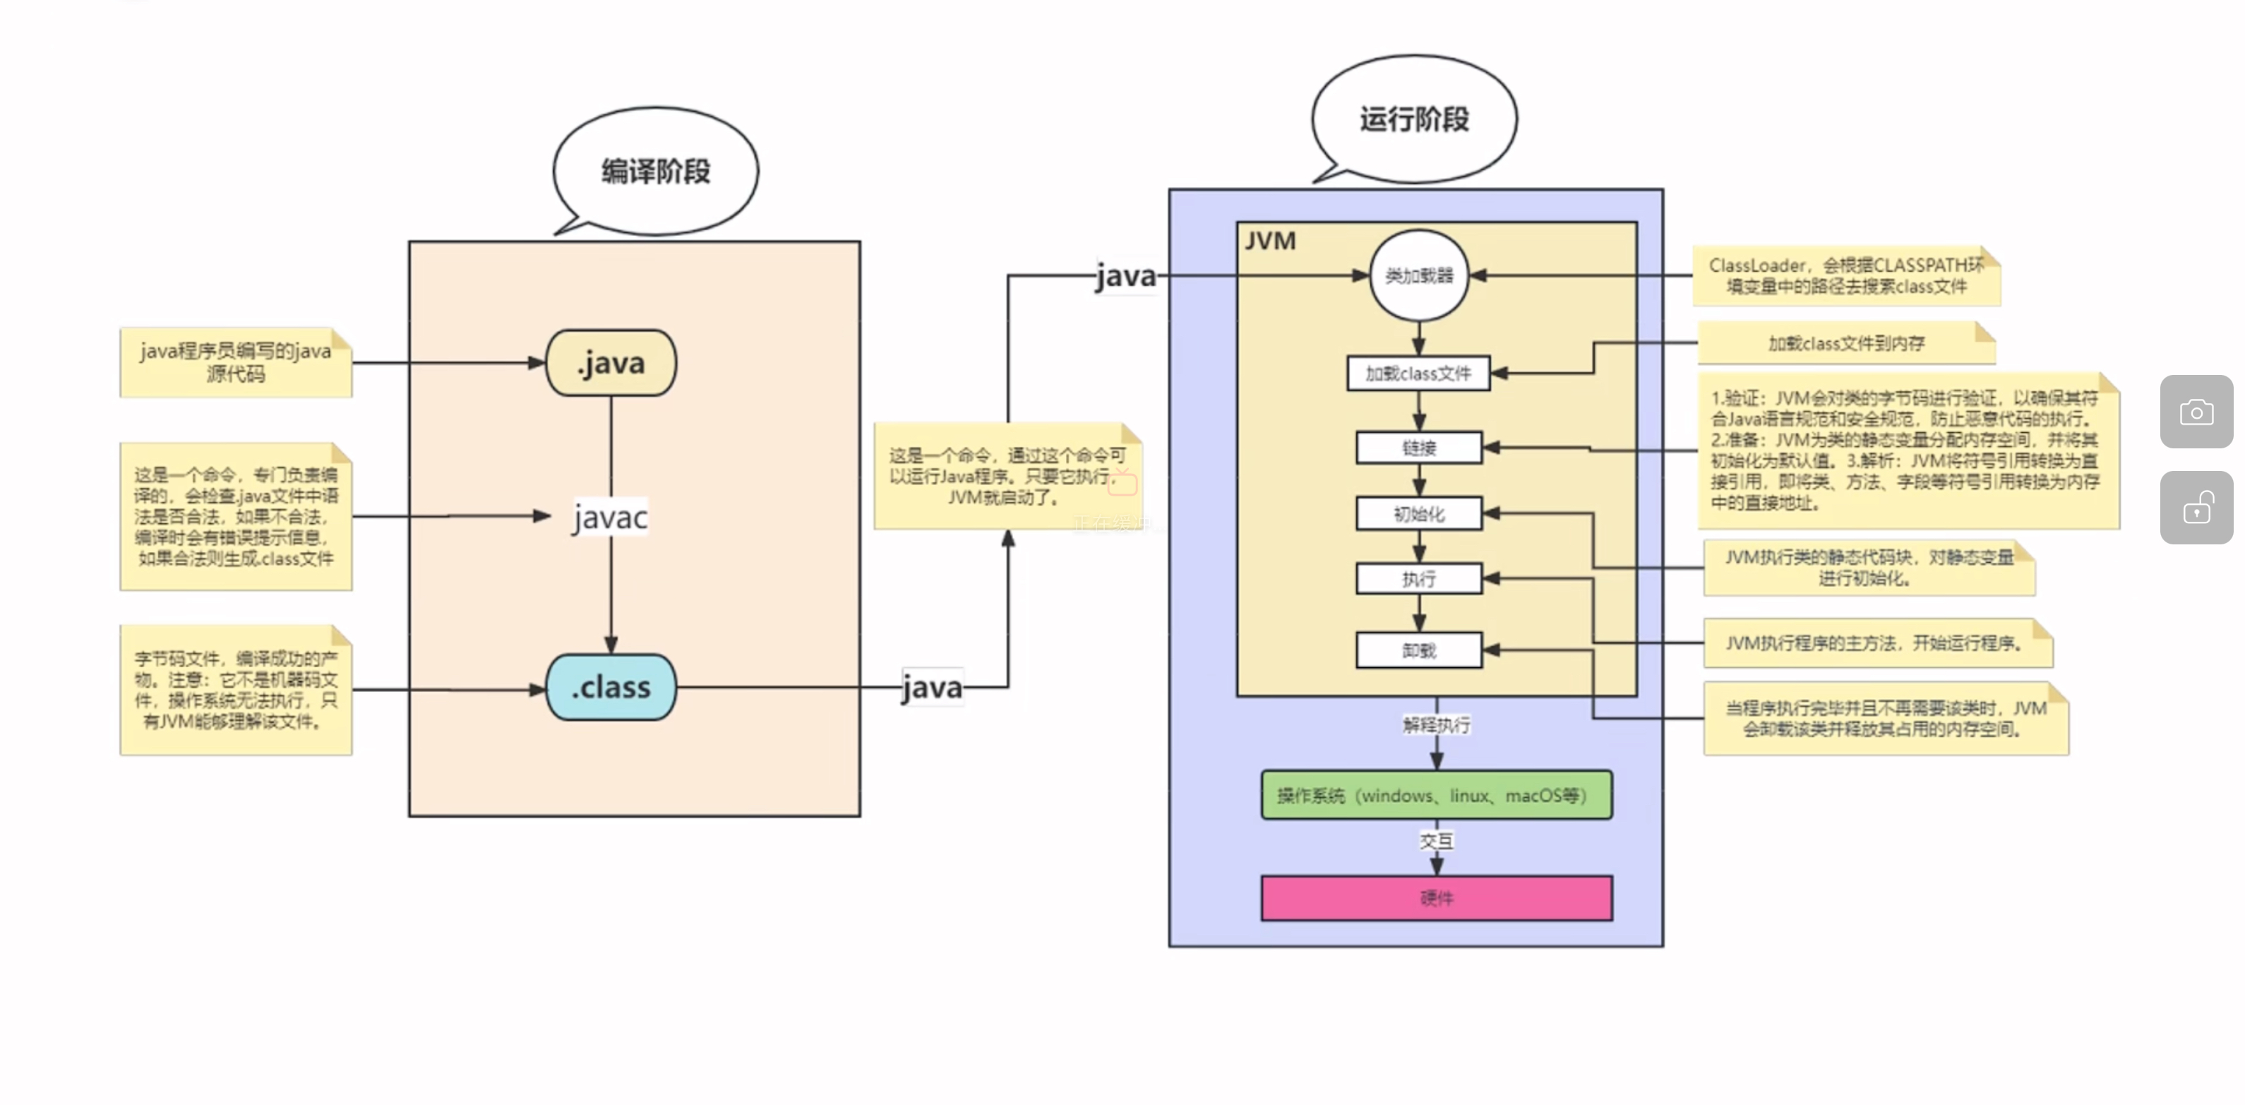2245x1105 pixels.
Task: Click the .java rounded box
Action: [x=611, y=362]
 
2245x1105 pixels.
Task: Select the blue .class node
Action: [x=611, y=687]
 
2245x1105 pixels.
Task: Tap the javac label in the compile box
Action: [x=610, y=518]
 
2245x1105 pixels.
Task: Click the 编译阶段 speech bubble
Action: [x=655, y=171]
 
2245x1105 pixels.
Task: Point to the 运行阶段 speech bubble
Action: [x=1413, y=119]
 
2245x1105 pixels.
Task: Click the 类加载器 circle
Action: [x=1419, y=275]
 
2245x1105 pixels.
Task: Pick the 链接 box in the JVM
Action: [x=1419, y=448]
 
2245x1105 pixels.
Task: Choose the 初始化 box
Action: [x=1419, y=514]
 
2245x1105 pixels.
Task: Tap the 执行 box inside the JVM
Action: [x=1419, y=579]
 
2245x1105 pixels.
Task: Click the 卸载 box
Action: [x=1419, y=650]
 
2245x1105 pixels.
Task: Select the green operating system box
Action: [x=1436, y=795]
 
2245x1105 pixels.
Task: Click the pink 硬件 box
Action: [x=1436, y=897]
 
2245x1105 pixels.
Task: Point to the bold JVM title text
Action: [x=1270, y=241]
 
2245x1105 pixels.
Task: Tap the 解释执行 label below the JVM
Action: [x=1436, y=725]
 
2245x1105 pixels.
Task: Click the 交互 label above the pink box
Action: [x=1436, y=840]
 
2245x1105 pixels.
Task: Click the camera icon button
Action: [x=2196, y=412]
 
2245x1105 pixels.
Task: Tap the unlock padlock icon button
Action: [x=2196, y=508]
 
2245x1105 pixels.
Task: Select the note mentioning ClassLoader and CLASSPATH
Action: [x=1846, y=276]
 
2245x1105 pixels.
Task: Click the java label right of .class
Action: [x=933, y=688]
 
